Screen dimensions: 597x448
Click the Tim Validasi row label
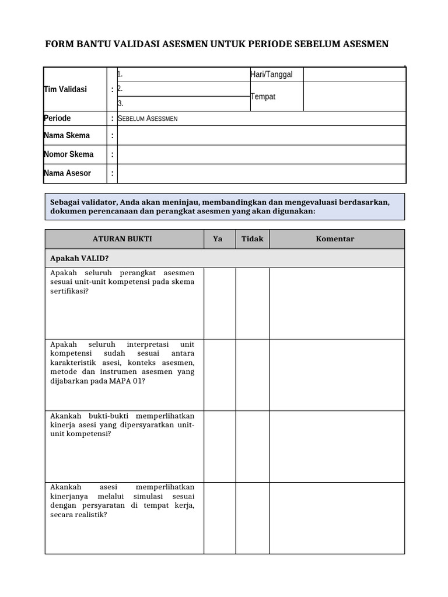(65, 89)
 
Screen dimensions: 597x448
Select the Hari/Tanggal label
(271, 74)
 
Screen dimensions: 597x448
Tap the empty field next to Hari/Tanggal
(354, 75)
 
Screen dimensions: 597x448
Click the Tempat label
(263, 97)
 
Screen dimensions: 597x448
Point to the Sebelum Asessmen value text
(148, 118)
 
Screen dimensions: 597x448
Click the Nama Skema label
(66, 135)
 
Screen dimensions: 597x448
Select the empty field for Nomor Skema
(261, 154)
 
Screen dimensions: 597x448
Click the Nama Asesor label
(67, 173)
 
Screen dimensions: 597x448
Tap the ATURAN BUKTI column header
(123, 239)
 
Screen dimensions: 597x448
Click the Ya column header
(218, 239)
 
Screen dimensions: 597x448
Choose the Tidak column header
(252, 239)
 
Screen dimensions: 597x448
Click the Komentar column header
(335, 239)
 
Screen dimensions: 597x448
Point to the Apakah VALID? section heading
(79, 258)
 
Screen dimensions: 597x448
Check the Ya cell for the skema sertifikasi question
(219, 303)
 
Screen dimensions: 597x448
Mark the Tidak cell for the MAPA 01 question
(252, 375)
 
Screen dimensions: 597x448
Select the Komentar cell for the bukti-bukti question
(337, 447)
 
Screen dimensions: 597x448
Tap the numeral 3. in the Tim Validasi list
(120, 103)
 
